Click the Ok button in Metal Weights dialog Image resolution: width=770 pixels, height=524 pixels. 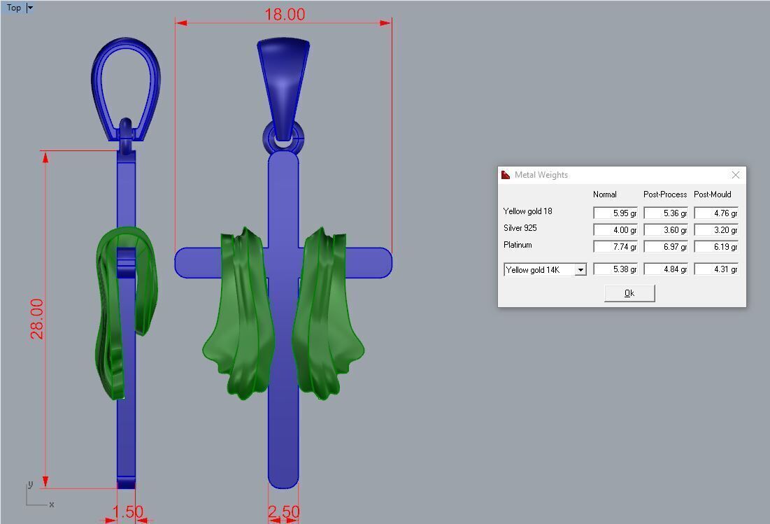[x=629, y=293]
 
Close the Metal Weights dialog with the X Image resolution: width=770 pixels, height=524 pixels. [x=735, y=175]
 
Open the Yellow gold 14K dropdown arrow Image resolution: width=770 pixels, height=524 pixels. [x=580, y=270]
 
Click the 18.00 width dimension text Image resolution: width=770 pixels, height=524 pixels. [x=284, y=15]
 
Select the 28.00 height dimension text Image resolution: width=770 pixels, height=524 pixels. [x=37, y=318]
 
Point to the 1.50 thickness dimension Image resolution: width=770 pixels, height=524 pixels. [x=127, y=512]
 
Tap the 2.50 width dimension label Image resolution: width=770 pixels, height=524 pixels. [x=283, y=512]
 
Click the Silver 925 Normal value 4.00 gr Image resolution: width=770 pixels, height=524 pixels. [x=615, y=230]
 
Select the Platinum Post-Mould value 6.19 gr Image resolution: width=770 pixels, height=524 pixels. [x=715, y=247]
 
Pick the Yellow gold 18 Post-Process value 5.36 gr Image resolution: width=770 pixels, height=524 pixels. [x=665, y=213]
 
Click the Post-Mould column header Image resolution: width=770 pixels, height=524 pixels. [x=712, y=194]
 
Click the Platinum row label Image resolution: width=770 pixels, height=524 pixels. [x=518, y=246]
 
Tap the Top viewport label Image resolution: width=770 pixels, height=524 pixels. [x=14, y=8]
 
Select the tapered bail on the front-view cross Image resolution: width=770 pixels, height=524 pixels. [x=283, y=77]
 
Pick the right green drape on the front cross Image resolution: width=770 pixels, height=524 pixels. [x=325, y=315]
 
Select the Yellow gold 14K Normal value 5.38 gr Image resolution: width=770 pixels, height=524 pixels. [x=615, y=269]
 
